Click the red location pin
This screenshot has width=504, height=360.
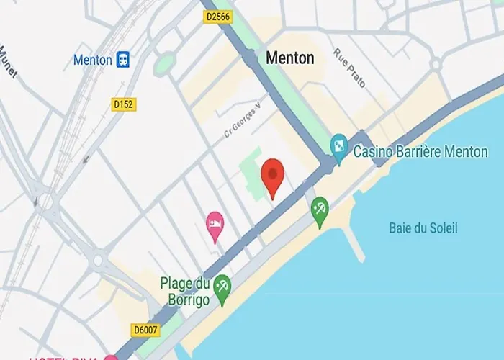[272, 175]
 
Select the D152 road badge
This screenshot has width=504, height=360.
[125, 105]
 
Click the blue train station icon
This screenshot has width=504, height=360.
[123, 60]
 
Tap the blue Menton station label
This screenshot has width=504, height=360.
[92, 60]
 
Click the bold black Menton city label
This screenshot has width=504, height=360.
[290, 58]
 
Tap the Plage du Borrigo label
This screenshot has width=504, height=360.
[185, 289]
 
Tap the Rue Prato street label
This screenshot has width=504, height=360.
[350, 68]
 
